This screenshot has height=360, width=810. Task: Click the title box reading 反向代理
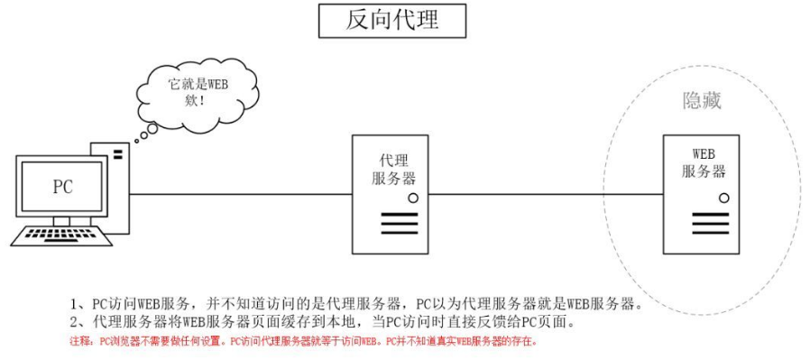[x=393, y=21]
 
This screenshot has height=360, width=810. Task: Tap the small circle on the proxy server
[x=412, y=197]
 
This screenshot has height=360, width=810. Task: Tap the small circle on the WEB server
[x=723, y=196]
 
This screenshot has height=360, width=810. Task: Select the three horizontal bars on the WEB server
[x=703, y=222]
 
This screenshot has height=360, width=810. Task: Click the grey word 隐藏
[x=701, y=101]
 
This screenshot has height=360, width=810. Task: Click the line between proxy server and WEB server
[x=541, y=193]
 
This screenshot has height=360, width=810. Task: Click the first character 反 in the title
[x=358, y=21]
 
